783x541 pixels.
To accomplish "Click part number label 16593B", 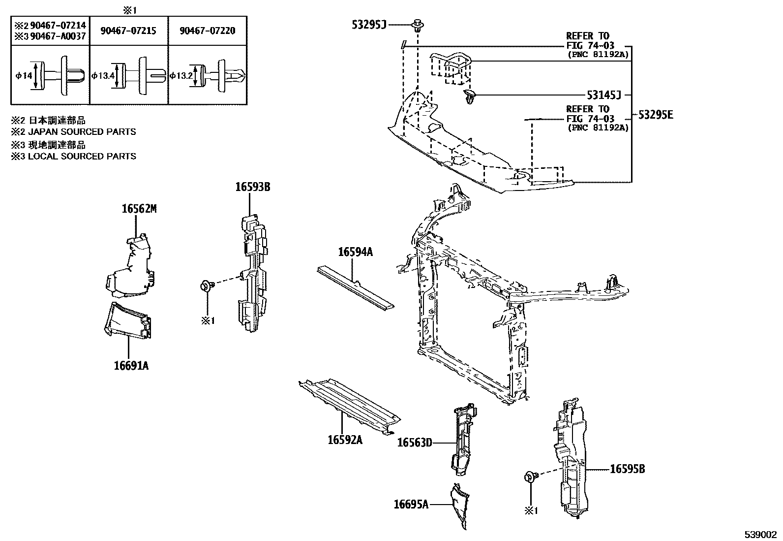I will (x=252, y=187).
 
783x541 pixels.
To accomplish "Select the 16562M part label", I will (x=139, y=209).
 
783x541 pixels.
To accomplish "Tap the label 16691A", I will (x=131, y=366).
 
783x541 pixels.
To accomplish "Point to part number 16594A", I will (x=355, y=252).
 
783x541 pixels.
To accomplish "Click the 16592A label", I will (x=345, y=440).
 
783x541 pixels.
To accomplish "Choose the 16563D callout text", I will (x=414, y=443).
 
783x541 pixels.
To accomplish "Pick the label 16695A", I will (x=411, y=504).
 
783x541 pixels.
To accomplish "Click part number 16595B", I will (x=627, y=469).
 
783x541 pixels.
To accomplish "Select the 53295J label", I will (x=369, y=24).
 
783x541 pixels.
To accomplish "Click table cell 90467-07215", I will (x=128, y=31).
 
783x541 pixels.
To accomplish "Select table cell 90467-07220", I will (x=207, y=31).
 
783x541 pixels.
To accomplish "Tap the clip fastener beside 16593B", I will (x=206, y=286).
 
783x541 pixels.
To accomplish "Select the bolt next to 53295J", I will (x=418, y=24).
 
